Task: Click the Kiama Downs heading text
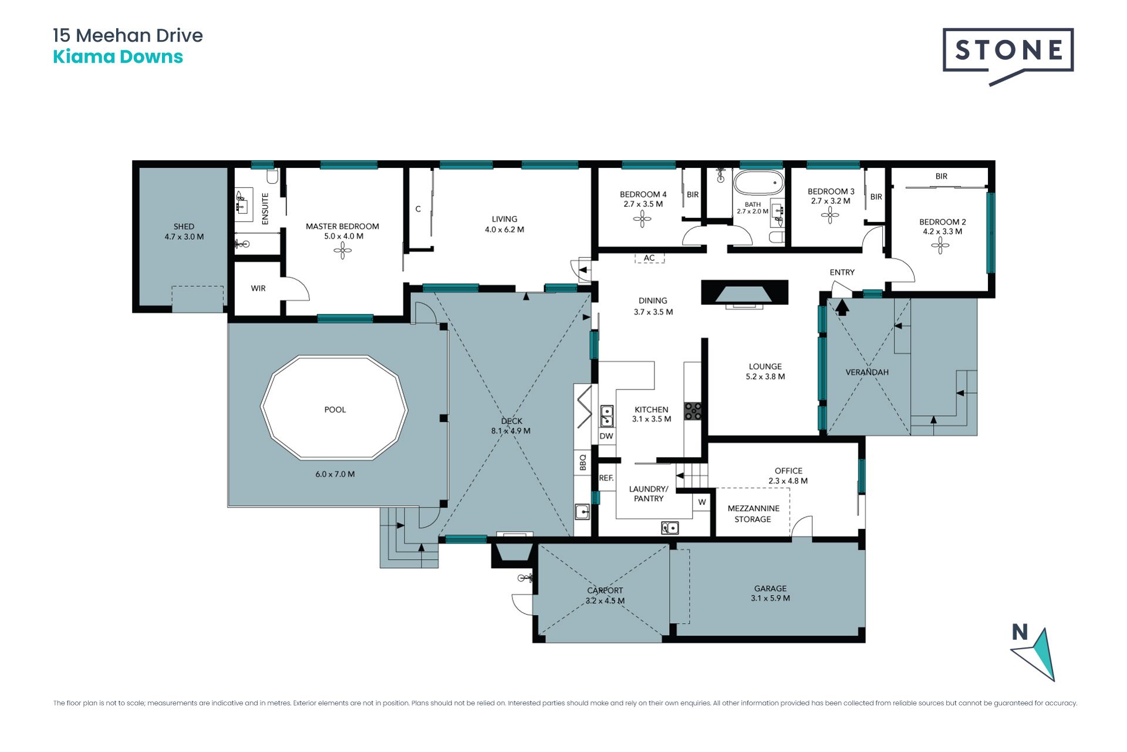click(x=118, y=57)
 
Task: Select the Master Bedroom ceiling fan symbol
click(x=343, y=251)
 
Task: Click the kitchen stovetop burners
click(x=693, y=411)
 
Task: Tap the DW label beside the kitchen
click(x=606, y=436)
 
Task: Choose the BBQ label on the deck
click(x=583, y=462)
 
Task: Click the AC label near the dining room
click(x=649, y=258)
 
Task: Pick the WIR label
click(x=258, y=288)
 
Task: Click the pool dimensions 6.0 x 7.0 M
click(x=335, y=474)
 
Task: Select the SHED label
click(x=184, y=226)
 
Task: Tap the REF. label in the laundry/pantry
click(x=606, y=478)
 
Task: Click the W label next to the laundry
click(x=702, y=502)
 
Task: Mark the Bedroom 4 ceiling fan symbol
click(x=643, y=219)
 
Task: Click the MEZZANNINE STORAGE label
click(x=754, y=514)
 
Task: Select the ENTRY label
click(x=842, y=272)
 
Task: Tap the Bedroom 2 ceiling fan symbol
click(x=940, y=246)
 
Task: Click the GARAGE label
click(x=771, y=588)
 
